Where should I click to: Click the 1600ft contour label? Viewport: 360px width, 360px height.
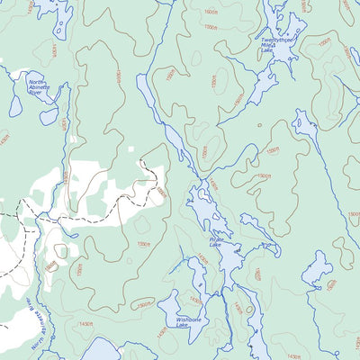(211, 12)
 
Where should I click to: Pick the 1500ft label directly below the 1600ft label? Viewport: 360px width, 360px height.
(211, 27)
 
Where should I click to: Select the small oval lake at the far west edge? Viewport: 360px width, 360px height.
(15, 105)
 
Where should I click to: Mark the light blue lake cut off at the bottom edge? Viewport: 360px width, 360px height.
(103, 350)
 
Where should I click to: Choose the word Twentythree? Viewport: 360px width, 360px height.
(274, 40)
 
